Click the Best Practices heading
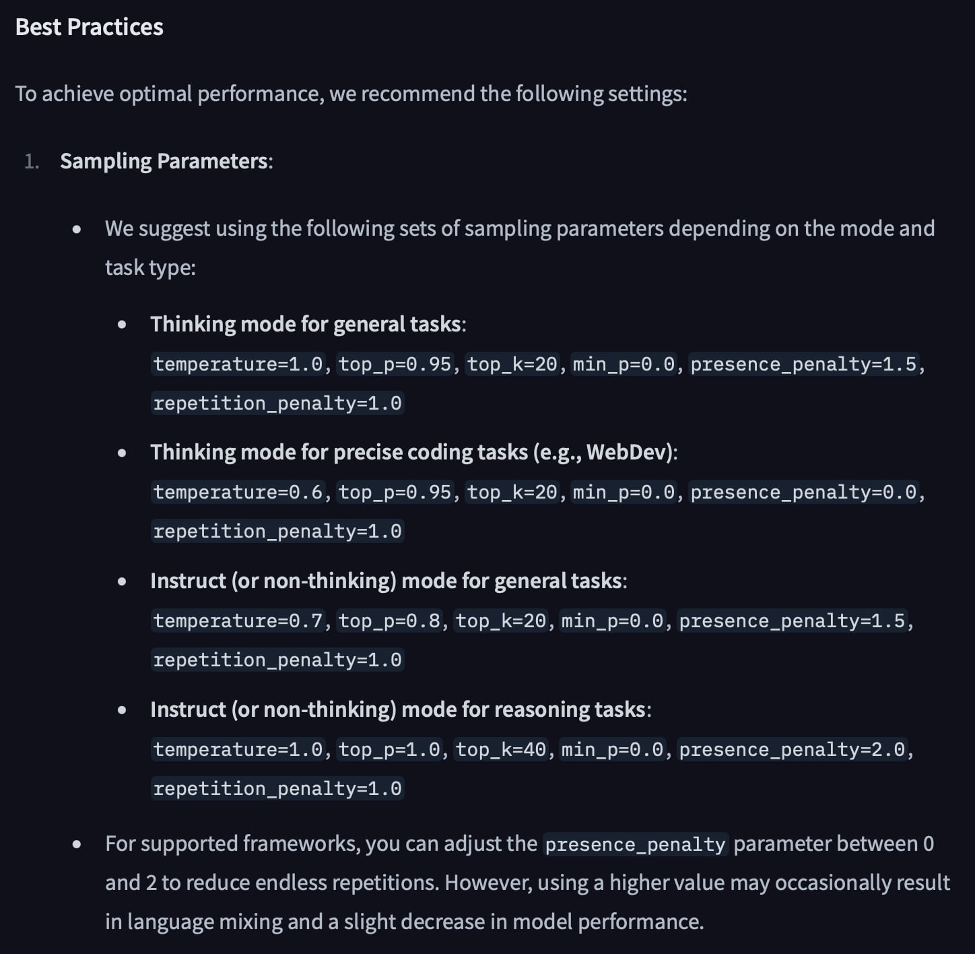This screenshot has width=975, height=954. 89,27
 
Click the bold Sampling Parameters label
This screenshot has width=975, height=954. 164,161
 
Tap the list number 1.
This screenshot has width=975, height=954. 31,161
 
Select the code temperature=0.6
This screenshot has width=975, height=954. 238,492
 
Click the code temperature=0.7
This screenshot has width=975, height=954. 238,621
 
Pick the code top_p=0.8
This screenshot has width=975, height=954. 389,621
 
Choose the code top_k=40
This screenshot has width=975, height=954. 501,749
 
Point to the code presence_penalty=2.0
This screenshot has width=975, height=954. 792,749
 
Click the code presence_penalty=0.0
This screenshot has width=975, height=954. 803,492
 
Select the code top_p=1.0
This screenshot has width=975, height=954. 389,749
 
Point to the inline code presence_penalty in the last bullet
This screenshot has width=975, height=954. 635,845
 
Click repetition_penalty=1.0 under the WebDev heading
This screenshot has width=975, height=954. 277,532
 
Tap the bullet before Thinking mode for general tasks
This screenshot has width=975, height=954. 122,325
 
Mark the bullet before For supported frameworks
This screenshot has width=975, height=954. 77,844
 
